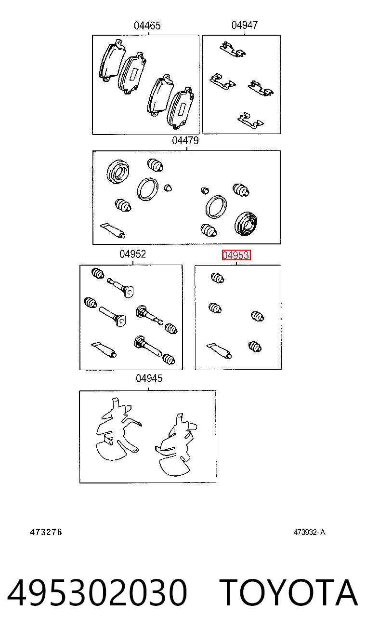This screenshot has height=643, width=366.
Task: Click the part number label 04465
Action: click(147, 26)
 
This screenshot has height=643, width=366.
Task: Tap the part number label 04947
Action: click(245, 25)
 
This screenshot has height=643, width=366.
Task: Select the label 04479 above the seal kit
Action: click(185, 141)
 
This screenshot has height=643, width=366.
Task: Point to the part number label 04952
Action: click(132, 254)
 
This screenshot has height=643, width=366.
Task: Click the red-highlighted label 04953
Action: click(236, 255)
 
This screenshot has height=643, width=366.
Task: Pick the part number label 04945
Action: click(149, 379)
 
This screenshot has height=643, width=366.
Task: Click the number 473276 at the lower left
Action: click(46, 532)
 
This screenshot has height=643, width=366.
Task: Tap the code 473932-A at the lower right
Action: click(309, 533)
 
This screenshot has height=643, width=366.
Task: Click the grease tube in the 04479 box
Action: click(113, 230)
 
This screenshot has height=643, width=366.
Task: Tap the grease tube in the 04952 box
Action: click(104, 349)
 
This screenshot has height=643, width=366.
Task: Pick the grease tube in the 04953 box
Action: click(219, 350)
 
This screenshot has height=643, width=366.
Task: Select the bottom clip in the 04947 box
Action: click(250, 121)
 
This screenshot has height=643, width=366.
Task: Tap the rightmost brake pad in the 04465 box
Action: click(180, 107)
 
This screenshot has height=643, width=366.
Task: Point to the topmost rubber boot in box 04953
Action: click(217, 278)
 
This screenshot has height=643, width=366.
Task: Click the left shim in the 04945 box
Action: click(117, 430)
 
